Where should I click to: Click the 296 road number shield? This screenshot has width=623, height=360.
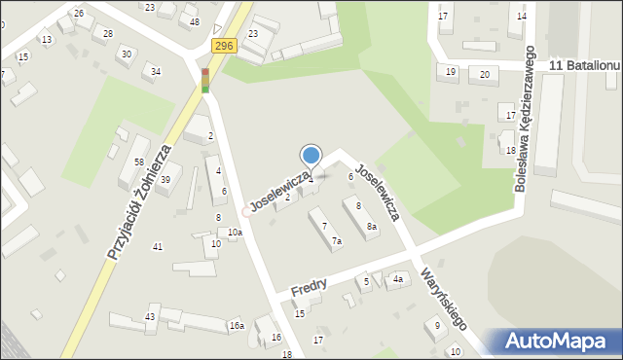(x=224, y=46)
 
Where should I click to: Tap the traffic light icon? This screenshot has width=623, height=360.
(x=204, y=81)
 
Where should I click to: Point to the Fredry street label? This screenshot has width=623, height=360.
(x=308, y=286)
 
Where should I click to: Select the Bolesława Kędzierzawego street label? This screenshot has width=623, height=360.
(x=525, y=117)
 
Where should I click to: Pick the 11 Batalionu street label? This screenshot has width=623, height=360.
(x=584, y=64)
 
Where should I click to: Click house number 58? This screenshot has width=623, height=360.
(x=140, y=162)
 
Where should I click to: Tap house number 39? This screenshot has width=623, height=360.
(x=165, y=179)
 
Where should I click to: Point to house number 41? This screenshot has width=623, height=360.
(x=157, y=247)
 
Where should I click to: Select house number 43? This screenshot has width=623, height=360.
(x=150, y=317)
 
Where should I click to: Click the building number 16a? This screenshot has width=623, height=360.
(x=236, y=326)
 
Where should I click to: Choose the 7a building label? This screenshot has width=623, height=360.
(x=337, y=240)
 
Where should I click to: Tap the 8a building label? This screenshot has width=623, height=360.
(x=371, y=227)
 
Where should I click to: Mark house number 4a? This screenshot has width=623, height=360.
(x=398, y=280)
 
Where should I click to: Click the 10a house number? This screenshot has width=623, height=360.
(x=235, y=233)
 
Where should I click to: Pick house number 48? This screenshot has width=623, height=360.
(x=195, y=21)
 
